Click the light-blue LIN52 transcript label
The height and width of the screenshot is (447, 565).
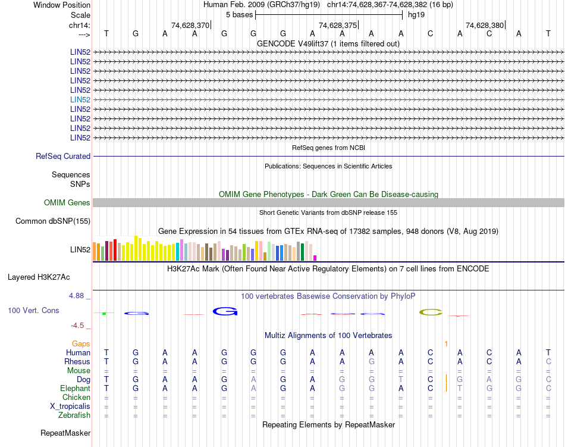[x=80, y=99]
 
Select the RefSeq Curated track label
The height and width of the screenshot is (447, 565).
[x=63, y=156]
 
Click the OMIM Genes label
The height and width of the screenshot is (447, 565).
[x=67, y=203]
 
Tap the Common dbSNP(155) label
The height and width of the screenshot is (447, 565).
[x=53, y=221]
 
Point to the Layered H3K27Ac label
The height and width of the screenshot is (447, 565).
[x=39, y=277]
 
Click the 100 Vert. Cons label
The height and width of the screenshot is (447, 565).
[x=33, y=310]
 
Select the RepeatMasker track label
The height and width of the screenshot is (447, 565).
[x=65, y=433]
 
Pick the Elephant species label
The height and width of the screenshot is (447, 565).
[x=75, y=388]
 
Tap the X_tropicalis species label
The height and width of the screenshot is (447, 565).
[x=70, y=406]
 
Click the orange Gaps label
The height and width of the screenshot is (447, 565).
[x=81, y=344]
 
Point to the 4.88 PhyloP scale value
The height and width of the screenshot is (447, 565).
[x=79, y=295]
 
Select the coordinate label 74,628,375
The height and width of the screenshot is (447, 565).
[x=338, y=25]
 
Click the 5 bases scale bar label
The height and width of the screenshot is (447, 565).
[x=239, y=14]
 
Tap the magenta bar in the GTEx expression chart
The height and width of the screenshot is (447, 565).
[x=315, y=258]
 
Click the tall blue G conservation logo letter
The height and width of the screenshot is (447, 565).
[x=225, y=311]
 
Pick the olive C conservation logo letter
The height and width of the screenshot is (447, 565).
[x=431, y=312]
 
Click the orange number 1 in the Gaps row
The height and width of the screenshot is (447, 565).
[x=446, y=344]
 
